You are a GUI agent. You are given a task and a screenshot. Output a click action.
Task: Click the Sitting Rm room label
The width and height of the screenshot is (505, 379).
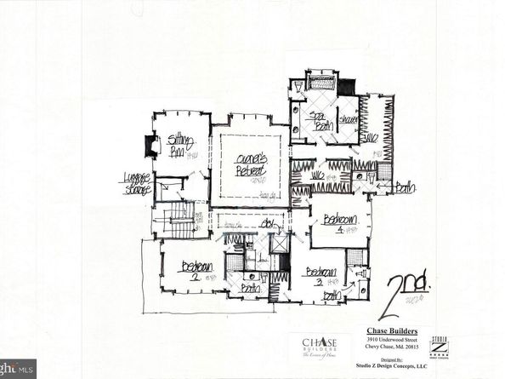179,144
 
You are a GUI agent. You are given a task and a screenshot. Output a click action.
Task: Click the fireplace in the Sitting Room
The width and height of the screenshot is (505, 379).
152,146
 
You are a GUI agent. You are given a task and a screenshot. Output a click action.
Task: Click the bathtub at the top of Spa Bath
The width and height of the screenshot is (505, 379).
321,83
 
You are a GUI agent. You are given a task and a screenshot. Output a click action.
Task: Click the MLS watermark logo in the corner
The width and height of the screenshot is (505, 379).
18,368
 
